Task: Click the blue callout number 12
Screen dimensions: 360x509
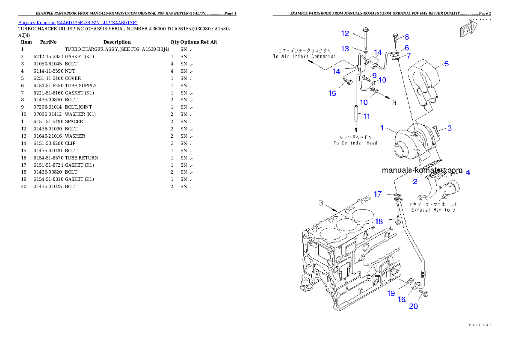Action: (x=345, y=33)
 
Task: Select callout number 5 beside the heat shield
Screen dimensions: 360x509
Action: (x=447, y=64)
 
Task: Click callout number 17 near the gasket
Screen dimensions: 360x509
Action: (x=378, y=194)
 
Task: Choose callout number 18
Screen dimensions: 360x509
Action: (x=379, y=221)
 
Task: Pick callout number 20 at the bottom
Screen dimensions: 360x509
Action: (x=414, y=306)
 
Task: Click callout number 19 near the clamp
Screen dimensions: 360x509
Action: (x=391, y=293)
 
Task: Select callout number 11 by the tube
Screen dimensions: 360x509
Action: (x=366, y=116)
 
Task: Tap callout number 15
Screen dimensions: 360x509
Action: (x=332, y=94)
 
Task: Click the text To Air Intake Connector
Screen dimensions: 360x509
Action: (x=304, y=54)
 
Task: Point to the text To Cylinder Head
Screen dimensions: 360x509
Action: (x=355, y=140)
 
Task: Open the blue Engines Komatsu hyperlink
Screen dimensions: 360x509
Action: (x=78, y=23)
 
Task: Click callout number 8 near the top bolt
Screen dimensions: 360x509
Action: (x=407, y=37)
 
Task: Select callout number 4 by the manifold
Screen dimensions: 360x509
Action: (x=468, y=172)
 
